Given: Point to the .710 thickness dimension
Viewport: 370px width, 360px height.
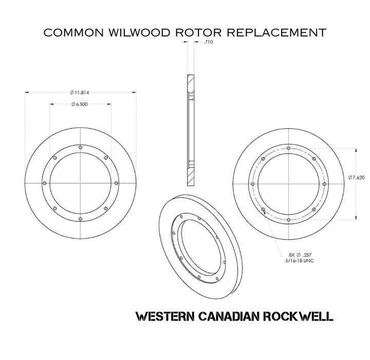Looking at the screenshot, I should [x=208, y=42].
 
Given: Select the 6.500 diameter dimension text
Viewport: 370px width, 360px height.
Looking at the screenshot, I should [x=81, y=105].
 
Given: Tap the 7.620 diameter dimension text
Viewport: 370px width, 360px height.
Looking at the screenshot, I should [x=357, y=178].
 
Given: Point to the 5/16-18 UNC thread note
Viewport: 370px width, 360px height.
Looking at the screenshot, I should [x=300, y=260].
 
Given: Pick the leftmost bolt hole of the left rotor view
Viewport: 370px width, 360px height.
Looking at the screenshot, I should [x=45, y=183].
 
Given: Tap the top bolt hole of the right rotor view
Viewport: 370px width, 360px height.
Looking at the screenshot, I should [x=289, y=148].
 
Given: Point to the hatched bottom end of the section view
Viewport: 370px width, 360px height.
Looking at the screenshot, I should [x=191, y=178].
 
